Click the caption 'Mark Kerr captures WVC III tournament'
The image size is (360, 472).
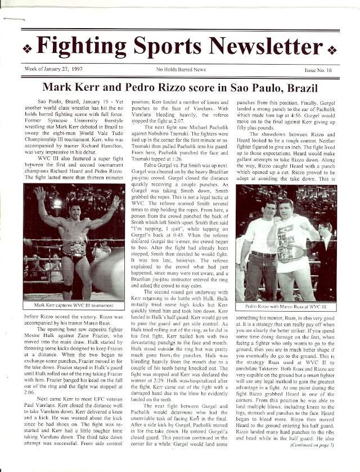[x=74, y=305]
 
